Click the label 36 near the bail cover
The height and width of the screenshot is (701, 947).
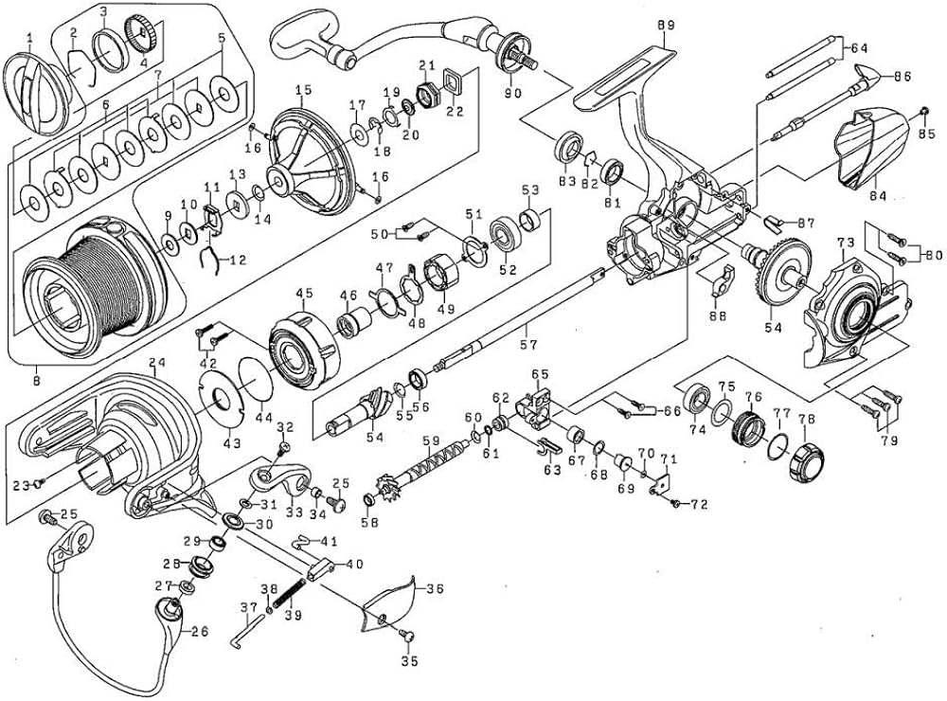click(x=435, y=588)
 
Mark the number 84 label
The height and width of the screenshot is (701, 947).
click(x=878, y=196)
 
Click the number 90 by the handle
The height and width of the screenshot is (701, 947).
click(x=513, y=93)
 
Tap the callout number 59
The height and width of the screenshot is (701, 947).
click(x=431, y=440)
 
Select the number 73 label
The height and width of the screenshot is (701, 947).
click(x=845, y=243)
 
